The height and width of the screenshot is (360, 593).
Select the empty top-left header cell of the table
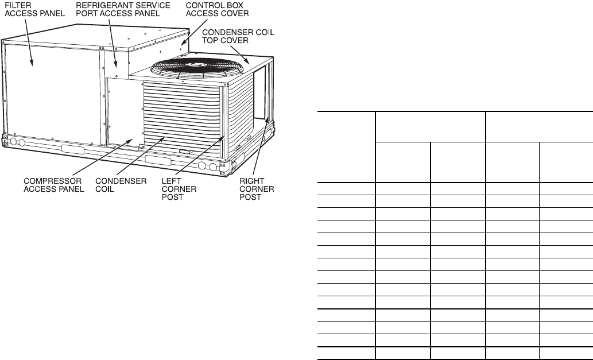(x=346, y=147)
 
